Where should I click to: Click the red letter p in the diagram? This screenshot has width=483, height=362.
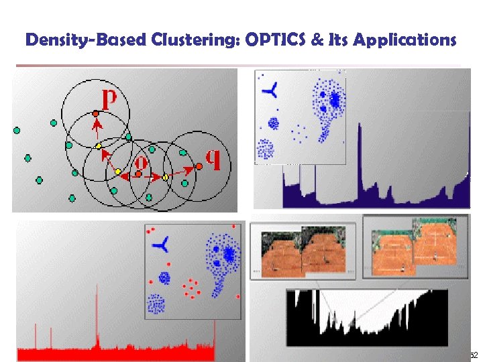click(x=109, y=99)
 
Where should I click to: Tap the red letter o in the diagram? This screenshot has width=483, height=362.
click(x=141, y=163)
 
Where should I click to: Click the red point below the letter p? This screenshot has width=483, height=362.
click(x=96, y=113)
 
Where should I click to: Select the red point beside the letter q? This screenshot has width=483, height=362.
click(x=199, y=166)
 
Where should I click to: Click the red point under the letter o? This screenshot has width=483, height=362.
click(x=138, y=174)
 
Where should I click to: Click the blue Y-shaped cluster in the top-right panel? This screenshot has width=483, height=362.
click(x=271, y=90)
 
